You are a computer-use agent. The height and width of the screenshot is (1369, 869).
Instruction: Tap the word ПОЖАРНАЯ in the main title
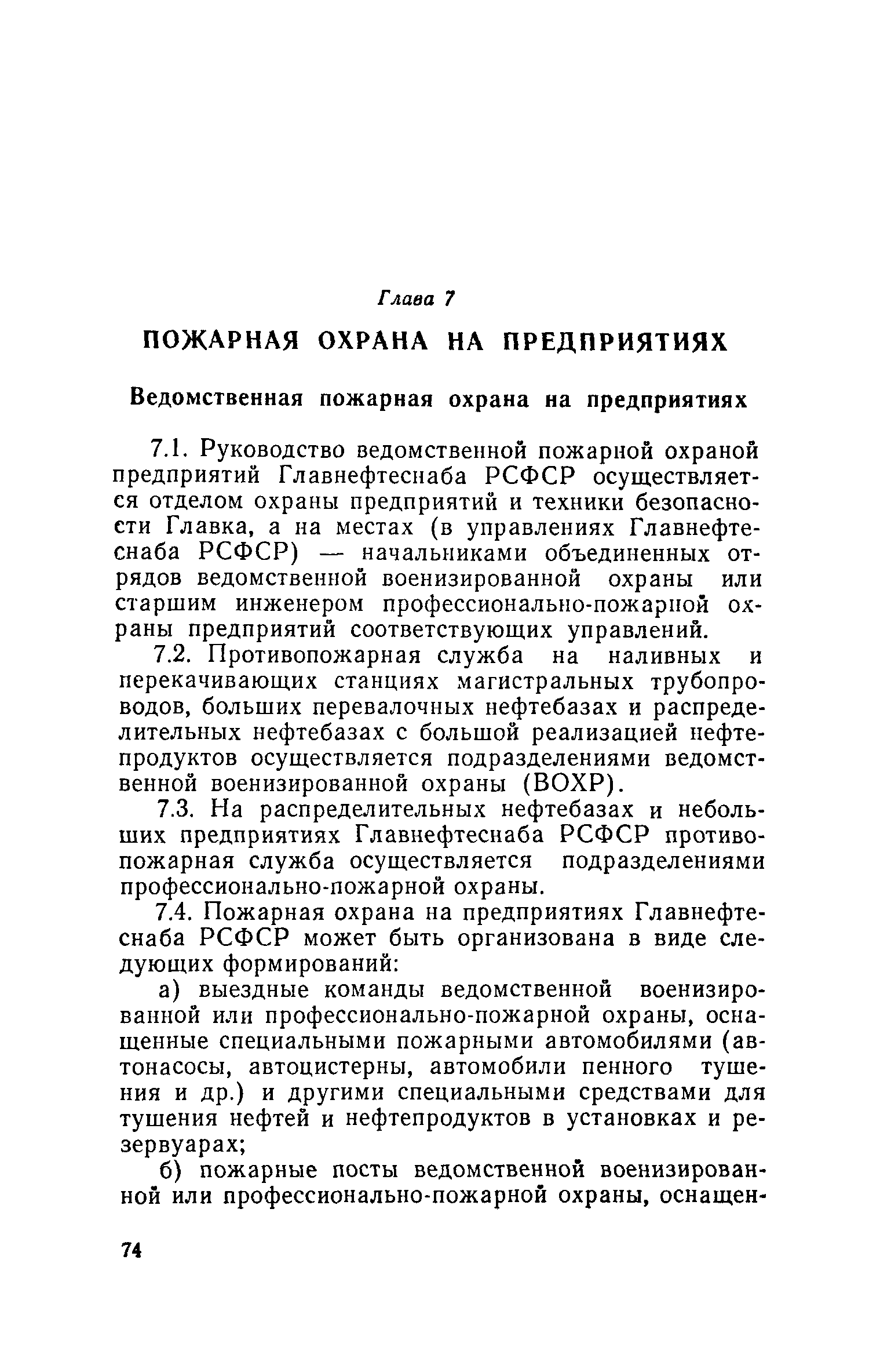tap(221, 343)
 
